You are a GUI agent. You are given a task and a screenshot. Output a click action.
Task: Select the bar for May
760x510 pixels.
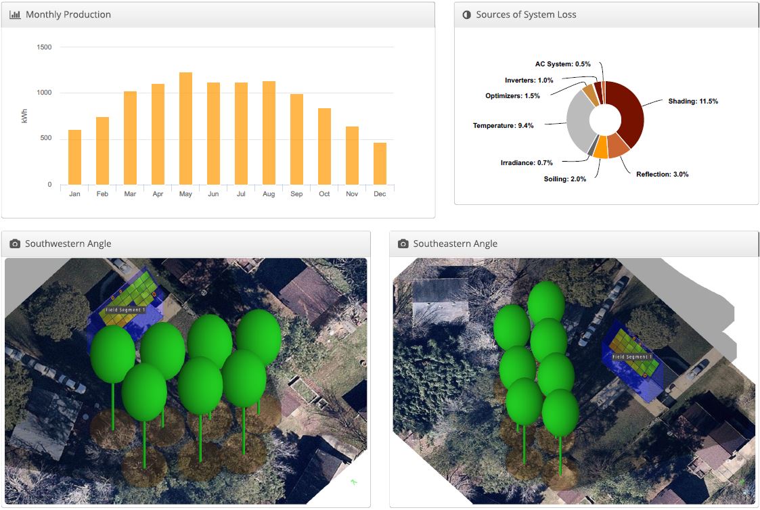(185, 129)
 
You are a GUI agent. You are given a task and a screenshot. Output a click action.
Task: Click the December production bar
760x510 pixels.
(380, 164)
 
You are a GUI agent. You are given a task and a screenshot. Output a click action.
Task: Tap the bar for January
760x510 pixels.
(74, 157)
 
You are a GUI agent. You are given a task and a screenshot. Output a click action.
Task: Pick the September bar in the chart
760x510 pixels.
(296, 139)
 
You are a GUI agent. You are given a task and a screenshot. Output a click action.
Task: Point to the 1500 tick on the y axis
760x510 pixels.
(45, 47)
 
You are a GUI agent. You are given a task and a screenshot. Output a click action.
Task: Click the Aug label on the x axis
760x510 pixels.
(269, 194)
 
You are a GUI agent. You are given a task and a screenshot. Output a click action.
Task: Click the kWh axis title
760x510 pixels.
(25, 116)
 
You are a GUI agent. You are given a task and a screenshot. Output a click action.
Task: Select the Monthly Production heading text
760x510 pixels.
(68, 14)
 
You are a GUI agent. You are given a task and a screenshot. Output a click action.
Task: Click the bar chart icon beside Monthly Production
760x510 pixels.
(15, 14)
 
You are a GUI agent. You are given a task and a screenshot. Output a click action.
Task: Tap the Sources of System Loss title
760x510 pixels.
(526, 14)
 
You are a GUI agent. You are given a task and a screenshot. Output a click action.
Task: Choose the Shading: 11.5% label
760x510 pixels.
(693, 101)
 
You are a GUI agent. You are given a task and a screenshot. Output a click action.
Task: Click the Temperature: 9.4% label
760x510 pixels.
(503, 126)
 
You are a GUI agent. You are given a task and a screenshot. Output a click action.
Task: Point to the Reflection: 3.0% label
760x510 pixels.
(662, 175)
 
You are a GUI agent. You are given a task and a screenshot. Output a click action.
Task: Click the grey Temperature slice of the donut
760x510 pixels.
(577, 125)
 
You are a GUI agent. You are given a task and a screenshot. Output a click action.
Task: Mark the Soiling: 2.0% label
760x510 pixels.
(564, 179)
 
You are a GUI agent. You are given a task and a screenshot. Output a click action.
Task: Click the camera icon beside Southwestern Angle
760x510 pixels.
(15, 244)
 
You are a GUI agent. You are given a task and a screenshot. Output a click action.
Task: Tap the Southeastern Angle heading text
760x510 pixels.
(455, 244)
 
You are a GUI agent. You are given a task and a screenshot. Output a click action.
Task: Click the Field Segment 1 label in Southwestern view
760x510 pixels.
(125, 309)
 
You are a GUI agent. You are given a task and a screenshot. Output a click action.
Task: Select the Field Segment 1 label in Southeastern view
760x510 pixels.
(632, 356)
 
